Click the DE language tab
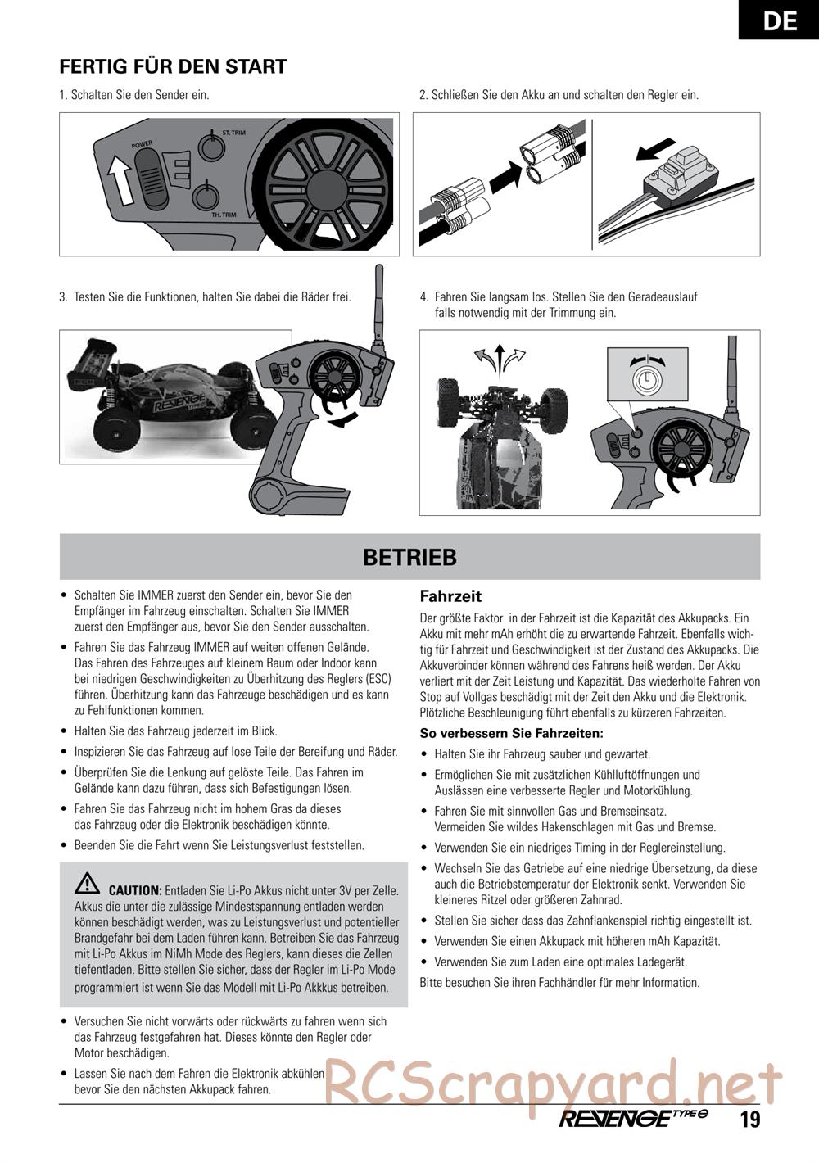point(779,20)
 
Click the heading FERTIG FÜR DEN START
point(173,67)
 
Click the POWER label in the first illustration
point(142,145)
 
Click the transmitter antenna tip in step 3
point(378,270)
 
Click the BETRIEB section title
point(409,557)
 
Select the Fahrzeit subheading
point(450,596)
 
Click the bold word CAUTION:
point(135,889)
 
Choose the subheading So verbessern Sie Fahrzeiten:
point(511,733)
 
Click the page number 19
point(749,1120)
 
